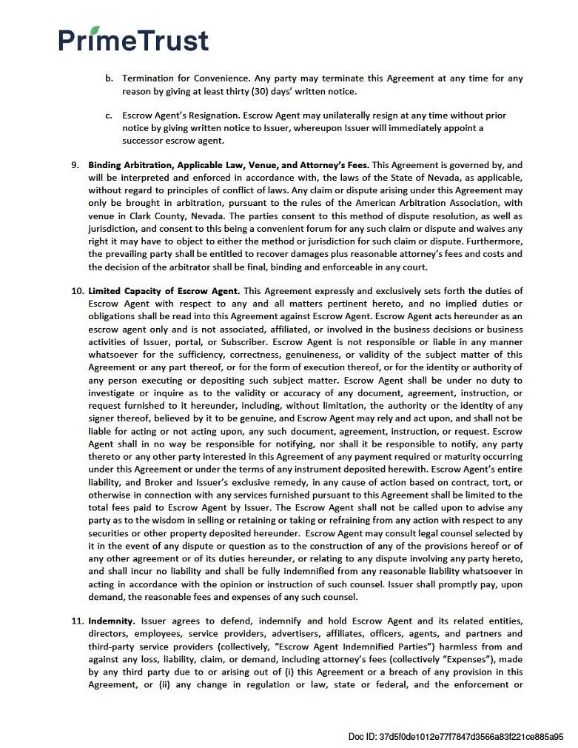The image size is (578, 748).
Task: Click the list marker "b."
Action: pos(108,79)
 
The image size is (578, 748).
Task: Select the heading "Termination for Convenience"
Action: pos(185,79)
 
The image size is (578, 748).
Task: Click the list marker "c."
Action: pos(108,116)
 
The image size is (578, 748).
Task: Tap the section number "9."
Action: pos(75,164)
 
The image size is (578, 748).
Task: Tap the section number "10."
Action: pos(78,291)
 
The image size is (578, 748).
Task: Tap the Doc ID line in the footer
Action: pos(455,736)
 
